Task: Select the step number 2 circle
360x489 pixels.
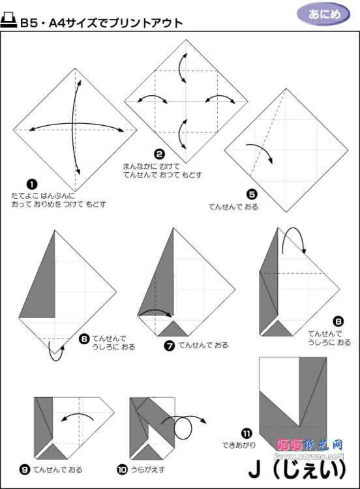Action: [x=158, y=155]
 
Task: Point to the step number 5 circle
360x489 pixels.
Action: [x=252, y=194]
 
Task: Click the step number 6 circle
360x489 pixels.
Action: [x=83, y=338]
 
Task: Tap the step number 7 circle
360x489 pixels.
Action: [x=170, y=346]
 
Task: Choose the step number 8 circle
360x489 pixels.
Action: [x=337, y=321]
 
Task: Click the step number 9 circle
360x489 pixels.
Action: [x=24, y=469]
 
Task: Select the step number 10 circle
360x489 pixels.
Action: [x=122, y=469]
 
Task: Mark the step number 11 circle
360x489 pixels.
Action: [x=246, y=432]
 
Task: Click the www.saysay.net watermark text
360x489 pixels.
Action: [x=309, y=455]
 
